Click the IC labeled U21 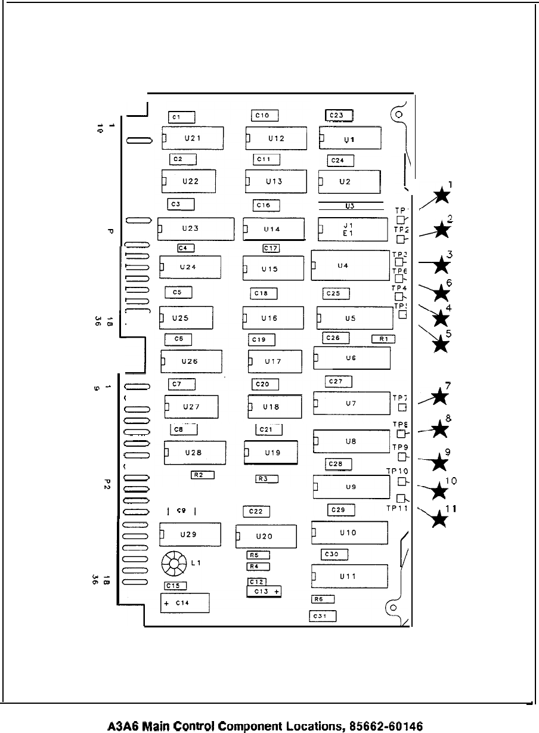point(192,138)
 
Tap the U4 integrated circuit point(350,265)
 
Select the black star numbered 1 point(442,194)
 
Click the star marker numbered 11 point(439,519)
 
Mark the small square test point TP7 point(402,408)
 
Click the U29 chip point(190,534)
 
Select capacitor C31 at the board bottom point(323,617)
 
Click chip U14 point(274,228)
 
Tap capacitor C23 point(339,116)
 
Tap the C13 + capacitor point(264,591)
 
